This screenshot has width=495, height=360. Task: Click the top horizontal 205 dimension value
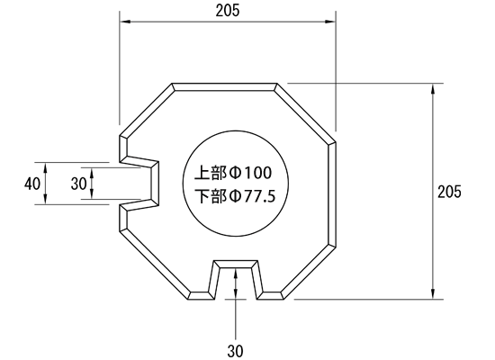[x=228, y=11]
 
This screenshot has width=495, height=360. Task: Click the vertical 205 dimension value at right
[x=449, y=192]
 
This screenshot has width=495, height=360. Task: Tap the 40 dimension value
[x=32, y=184]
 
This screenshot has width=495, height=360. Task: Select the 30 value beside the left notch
[x=78, y=184]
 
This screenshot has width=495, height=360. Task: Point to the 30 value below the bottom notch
[x=235, y=351]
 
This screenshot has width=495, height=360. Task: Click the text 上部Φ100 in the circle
[x=233, y=173]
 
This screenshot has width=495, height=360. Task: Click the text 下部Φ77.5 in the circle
[x=235, y=196]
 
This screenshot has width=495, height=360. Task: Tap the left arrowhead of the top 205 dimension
[x=125, y=22]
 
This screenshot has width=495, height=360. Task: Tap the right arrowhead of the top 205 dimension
[x=330, y=22]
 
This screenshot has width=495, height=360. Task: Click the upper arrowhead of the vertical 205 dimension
[x=433, y=88]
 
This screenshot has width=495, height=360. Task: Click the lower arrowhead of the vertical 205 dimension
[x=433, y=294]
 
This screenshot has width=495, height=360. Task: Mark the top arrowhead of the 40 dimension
[x=46, y=167]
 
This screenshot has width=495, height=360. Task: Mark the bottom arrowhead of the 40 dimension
[x=46, y=200]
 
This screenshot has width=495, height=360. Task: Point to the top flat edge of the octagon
[x=224, y=86]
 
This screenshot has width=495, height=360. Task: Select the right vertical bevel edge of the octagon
[x=332, y=193]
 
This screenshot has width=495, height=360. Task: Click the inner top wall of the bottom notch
[x=236, y=264]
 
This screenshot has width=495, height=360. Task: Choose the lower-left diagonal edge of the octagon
[x=155, y=264]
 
